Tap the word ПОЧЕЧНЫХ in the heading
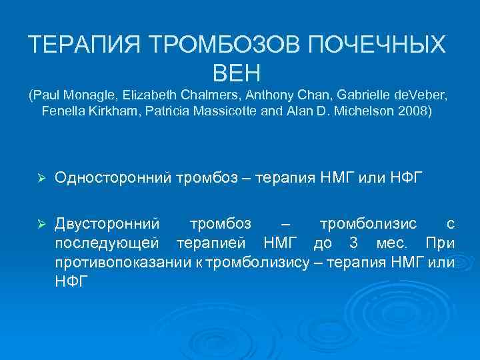click(378, 45)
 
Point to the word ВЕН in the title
click(239, 71)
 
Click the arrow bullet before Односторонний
click(41, 177)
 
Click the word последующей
click(106, 243)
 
